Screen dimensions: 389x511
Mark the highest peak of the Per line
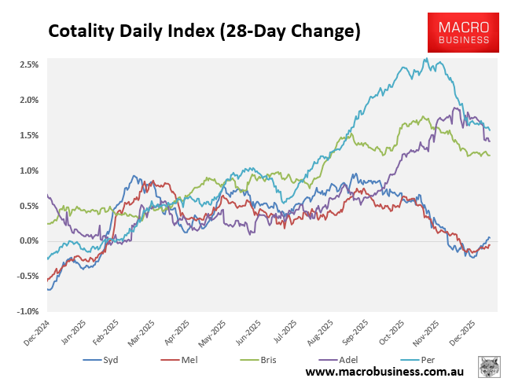coord(425,58)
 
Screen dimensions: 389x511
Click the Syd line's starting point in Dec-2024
coord(48,289)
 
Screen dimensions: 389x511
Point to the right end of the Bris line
coord(490,155)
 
